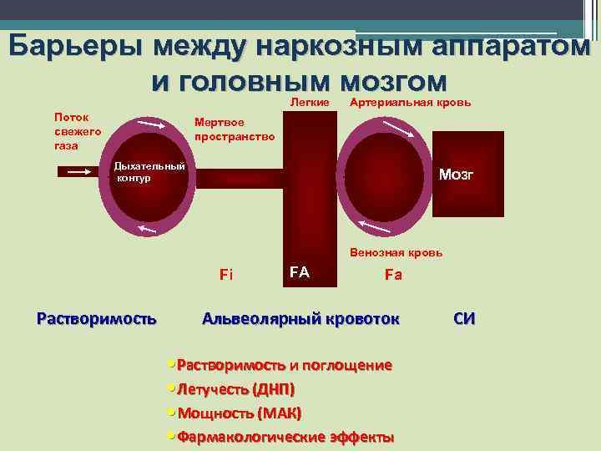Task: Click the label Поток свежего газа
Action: (x=78, y=131)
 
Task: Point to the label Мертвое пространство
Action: (x=234, y=128)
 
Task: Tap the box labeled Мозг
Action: (x=456, y=175)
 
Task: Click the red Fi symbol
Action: (x=225, y=274)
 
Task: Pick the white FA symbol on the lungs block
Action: (x=299, y=271)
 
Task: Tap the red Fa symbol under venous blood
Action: (x=393, y=274)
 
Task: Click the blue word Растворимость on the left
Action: (x=97, y=318)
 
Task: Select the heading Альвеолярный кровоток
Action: (x=300, y=318)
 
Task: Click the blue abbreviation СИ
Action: (x=464, y=318)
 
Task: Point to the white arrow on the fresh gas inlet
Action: (x=78, y=171)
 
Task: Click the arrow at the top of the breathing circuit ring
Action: (x=151, y=125)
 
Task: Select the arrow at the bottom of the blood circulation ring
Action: (x=368, y=222)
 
